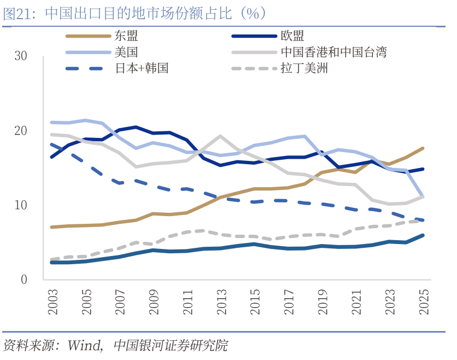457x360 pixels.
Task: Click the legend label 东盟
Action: coord(126,37)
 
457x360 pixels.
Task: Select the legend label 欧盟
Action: coord(292,37)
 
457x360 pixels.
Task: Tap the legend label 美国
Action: coord(126,53)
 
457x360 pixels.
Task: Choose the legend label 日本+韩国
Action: coord(142,68)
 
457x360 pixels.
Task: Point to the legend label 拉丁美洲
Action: coord(304,68)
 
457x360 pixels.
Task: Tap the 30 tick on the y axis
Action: coord(21,56)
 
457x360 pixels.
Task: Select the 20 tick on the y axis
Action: coord(21,131)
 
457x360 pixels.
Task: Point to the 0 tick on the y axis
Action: coord(24,280)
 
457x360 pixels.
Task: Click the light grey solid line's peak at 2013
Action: coord(220,136)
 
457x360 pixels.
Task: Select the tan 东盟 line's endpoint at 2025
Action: coord(423,148)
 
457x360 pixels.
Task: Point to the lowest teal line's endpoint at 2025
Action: coord(423,235)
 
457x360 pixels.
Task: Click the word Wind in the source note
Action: coord(84,346)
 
